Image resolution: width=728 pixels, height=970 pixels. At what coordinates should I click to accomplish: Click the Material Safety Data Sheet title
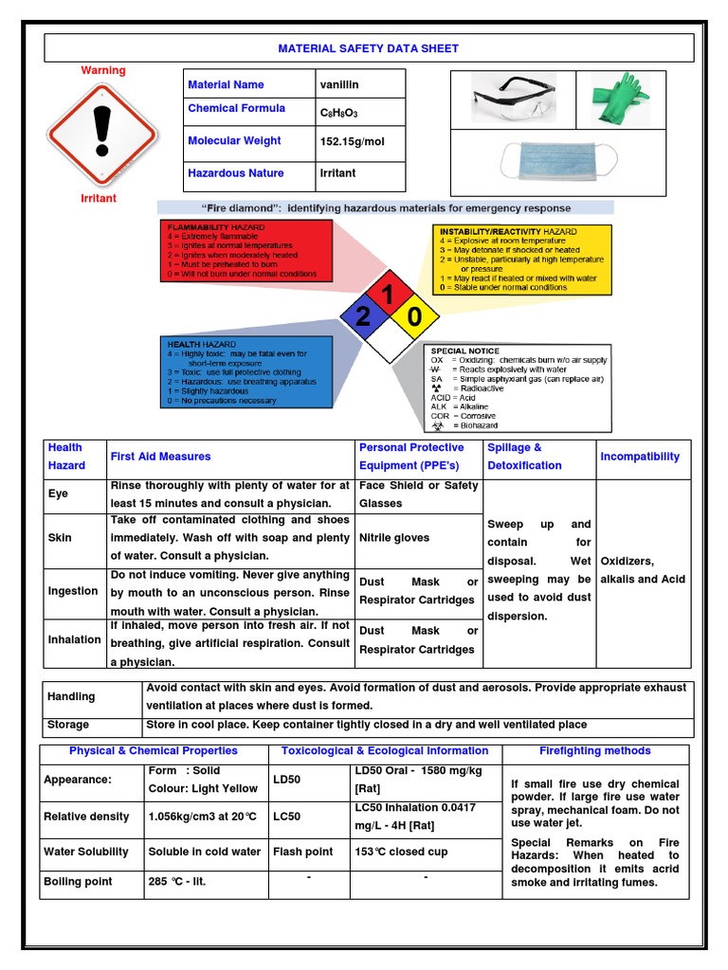pyautogui.click(x=368, y=48)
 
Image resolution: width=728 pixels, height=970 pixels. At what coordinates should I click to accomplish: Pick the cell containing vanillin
pyautogui.click(x=361, y=84)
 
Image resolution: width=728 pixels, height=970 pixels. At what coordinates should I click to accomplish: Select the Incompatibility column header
pyautogui.click(x=640, y=457)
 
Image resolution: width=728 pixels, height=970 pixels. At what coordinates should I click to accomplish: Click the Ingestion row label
pyautogui.click(x=73, y=591)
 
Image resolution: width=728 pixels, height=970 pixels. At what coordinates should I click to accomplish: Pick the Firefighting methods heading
pyautogui.click(x=594, y=751)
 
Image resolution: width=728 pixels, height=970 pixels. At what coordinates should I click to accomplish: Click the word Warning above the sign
pyautogui.click(x=102, y=71)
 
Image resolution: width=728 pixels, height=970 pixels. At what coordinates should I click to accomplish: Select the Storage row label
pyautogui.click(x=68, y=725)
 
